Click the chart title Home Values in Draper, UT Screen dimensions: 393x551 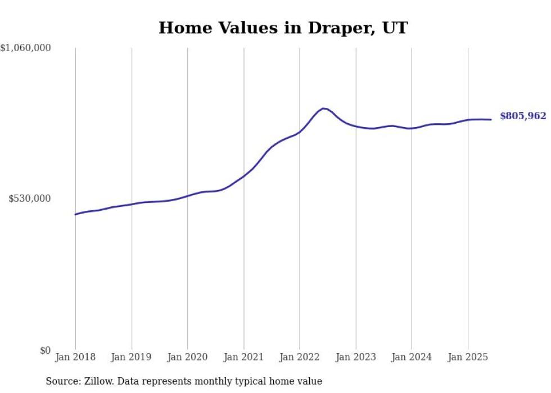tap(283, 28)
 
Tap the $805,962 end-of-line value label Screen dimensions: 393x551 tap(522, 116)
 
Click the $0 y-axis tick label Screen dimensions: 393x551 tap(46, 350)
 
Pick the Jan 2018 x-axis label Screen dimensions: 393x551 tap(75, 357)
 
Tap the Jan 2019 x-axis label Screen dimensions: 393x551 tap(132, 357)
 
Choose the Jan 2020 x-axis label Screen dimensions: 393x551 tap(187, 357)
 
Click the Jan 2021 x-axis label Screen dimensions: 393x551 tap(243, 357)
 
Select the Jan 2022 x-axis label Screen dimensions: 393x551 tap(300, 357)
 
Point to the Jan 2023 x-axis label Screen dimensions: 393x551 tap(355, 357)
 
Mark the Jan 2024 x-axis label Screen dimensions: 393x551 tap(412, 357)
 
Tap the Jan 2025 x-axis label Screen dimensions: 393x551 tap(468, 357)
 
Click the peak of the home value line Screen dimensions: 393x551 tap(323, 108)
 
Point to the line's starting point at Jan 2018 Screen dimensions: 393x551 tap(75, 214)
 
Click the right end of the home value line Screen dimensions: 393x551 tap(491, 119)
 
